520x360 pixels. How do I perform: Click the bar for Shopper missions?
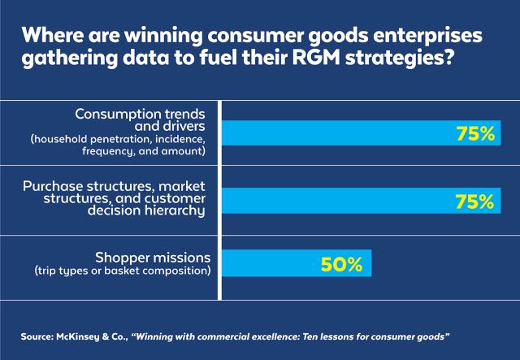coord(296,263)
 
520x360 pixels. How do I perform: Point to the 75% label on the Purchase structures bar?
coord(474,201)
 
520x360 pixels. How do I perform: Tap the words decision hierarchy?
coord(154,211)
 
